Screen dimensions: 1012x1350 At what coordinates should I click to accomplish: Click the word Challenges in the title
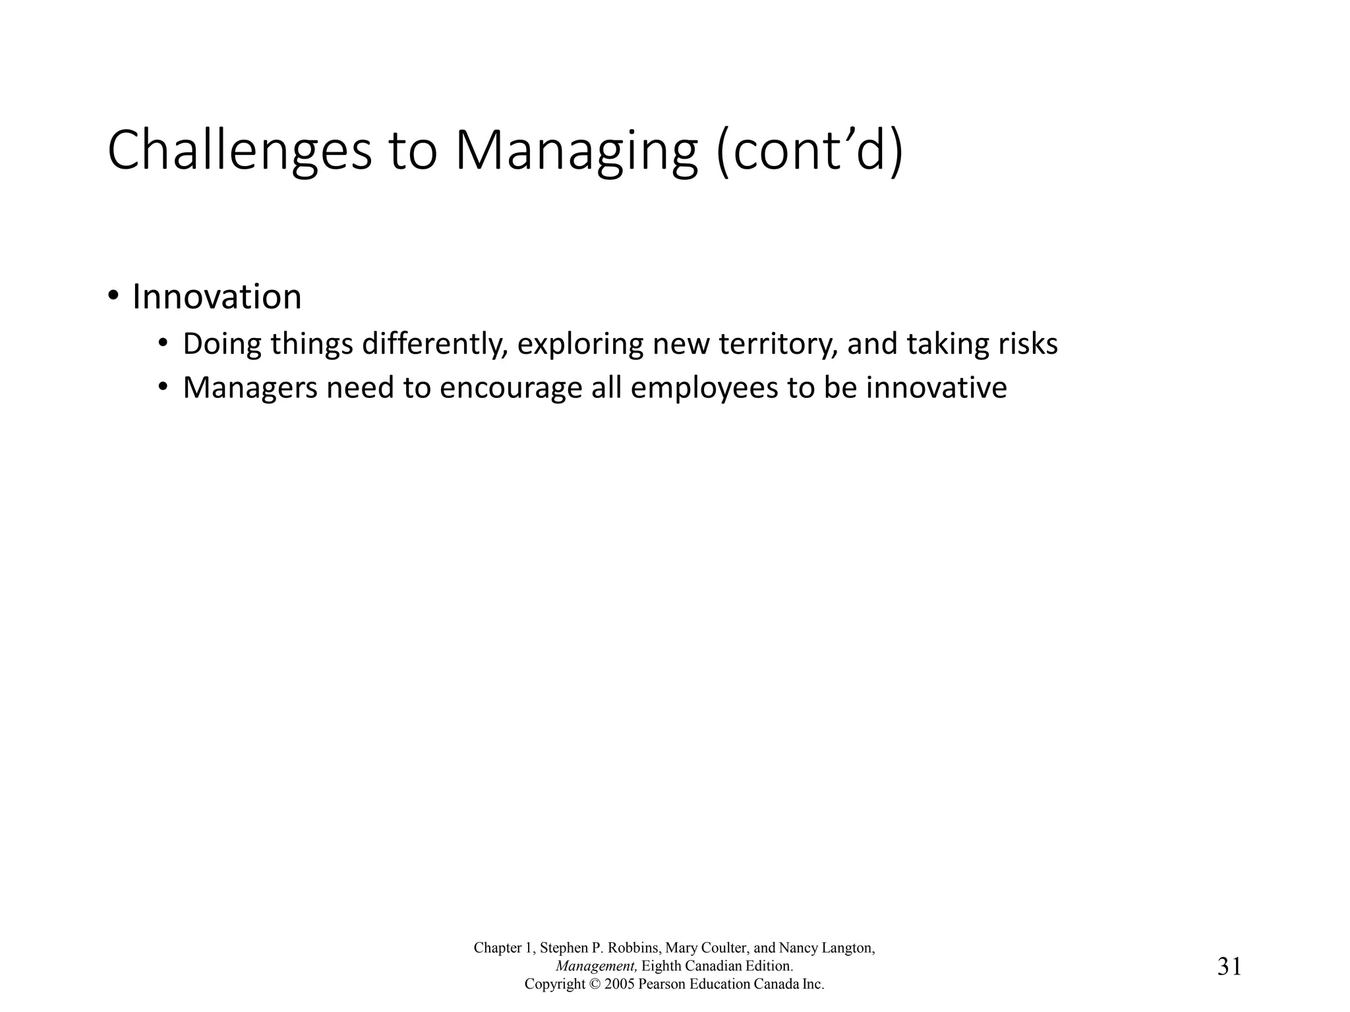239,152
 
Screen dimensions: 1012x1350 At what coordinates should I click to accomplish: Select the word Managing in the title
575,152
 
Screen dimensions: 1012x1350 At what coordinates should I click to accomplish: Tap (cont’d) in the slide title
809,152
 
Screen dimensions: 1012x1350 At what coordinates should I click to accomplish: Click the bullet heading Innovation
217,297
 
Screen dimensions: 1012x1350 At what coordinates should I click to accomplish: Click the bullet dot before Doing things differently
163,343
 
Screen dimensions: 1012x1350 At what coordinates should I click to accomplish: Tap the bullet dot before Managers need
163,387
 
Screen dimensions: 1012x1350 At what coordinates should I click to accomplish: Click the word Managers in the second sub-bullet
250,388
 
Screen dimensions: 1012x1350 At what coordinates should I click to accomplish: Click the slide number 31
1229,967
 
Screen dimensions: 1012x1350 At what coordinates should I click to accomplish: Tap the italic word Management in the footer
596,967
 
